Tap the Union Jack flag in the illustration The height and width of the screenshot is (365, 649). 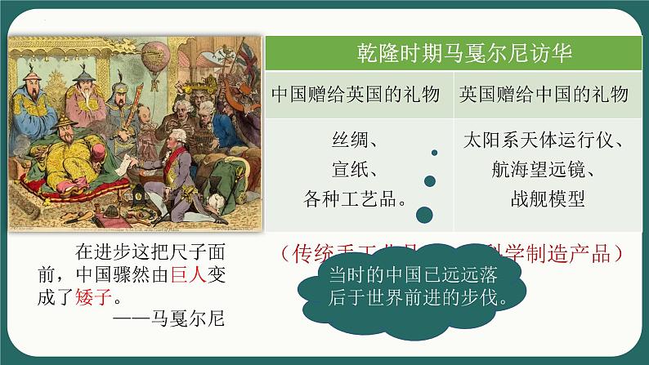coord(245,57)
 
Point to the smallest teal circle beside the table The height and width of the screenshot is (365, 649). coord(434,153)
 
